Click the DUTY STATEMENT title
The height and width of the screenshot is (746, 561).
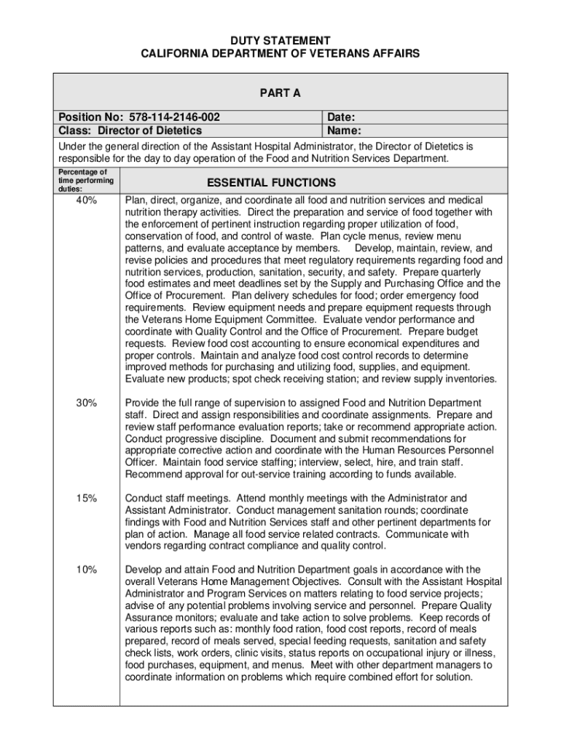tap(280, 41)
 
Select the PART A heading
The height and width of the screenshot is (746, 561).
tap(280, 93)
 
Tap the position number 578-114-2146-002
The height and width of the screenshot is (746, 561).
tap(175, 117)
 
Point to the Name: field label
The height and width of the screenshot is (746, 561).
tap(345, 131)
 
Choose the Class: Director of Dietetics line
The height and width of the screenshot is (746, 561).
tap(130, 131)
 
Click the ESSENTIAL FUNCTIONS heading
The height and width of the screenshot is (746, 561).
tap(271, 183)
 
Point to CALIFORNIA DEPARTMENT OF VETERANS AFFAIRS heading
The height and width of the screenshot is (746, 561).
tap(280, 55)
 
